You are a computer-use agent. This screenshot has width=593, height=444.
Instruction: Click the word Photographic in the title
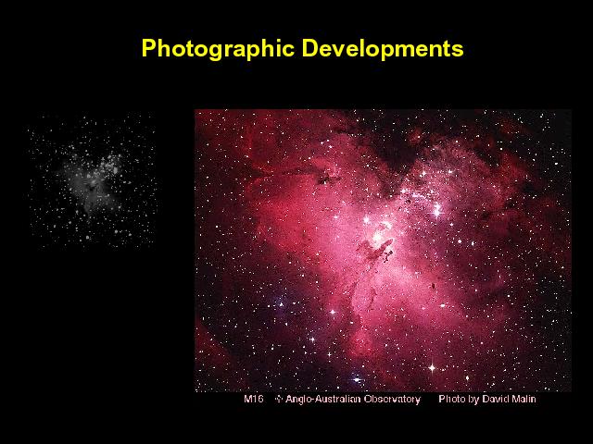coord(218,49)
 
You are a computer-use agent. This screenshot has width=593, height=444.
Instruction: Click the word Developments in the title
coord(383,49)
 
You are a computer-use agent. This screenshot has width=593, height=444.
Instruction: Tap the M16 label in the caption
coord(253,399)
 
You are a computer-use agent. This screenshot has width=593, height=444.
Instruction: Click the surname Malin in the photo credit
coord(523,399)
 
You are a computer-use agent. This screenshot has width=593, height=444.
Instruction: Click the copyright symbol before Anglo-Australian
coord(279,399)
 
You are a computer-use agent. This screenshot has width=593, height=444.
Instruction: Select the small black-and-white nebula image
coord(92,180)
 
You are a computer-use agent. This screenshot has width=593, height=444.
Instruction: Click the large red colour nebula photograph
coord(383,251)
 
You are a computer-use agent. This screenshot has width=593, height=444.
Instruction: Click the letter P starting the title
coord(148,48)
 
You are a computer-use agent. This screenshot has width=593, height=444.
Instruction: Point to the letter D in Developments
coord(310,48)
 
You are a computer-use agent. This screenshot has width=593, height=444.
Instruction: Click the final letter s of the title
coord(459,51)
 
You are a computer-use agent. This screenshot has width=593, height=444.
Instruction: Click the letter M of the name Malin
coord(515,399)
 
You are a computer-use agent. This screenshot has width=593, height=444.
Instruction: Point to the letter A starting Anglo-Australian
coord(289,399)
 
